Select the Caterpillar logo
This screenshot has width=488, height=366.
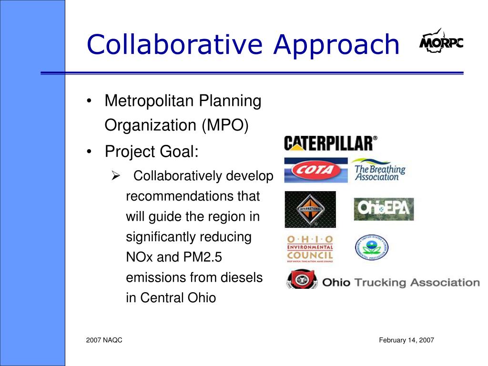(330, 143)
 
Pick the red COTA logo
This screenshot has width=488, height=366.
(315, 170)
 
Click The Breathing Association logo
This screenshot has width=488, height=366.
(379, 170)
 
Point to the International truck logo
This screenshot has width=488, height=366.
(310, 209)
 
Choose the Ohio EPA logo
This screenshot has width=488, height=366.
(384, 209)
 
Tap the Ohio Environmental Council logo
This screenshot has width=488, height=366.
(310, 249)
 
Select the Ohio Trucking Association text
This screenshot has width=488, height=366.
(401, 282)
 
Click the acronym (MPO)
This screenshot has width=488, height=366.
(225, 125)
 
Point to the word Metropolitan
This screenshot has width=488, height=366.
(150, 101)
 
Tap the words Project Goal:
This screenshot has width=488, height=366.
(152, 152)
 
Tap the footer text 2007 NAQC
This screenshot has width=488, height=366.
(104, 340)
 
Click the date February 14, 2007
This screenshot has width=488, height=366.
(407, 340)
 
